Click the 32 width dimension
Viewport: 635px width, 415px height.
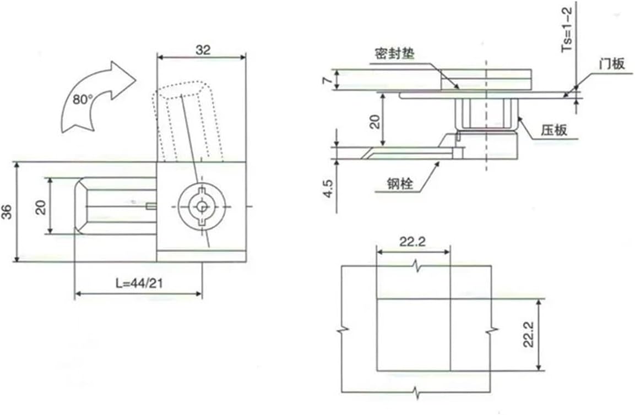pyautogui.click(x=203, y=50)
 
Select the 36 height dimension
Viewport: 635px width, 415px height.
pyautogui.click(x=7, y=211)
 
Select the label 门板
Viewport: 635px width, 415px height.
pyautogui.click(x=612, y=64)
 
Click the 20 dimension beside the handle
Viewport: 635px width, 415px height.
pyautogui.click(x=42, y=206)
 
